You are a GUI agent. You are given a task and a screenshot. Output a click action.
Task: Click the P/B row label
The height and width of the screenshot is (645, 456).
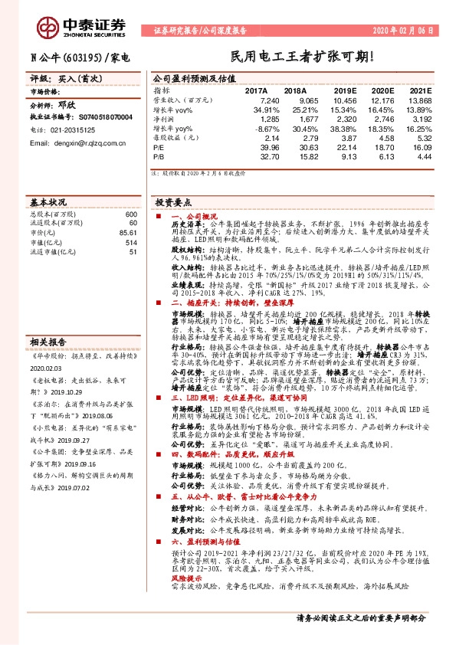tap(159, 157)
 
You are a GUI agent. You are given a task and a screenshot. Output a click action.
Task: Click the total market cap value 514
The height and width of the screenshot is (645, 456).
tap(130, 242)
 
